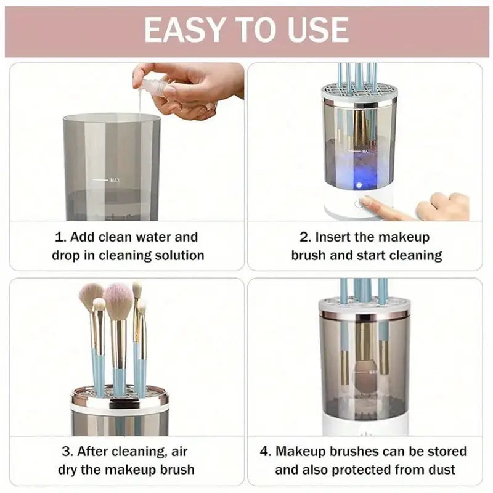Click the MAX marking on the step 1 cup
point(114,180)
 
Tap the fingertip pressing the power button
point(367,202)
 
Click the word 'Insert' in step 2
point(337,237)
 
